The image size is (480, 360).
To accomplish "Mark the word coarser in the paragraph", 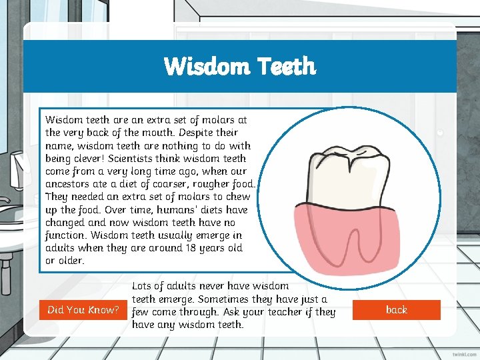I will click(173, 184).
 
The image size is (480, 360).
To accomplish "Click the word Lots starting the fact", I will click(144, 286).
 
